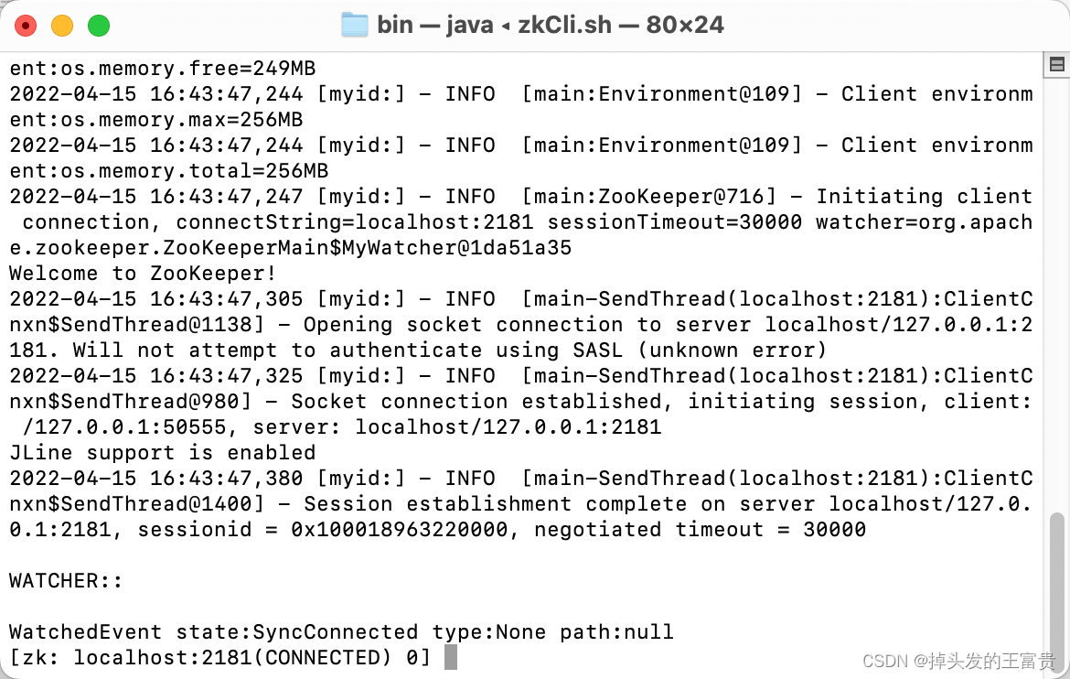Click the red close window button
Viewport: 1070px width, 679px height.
[x=26, y=25]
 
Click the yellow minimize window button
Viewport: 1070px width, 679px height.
[x=62, y=25]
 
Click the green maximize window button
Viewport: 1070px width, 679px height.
[x=98, y=25]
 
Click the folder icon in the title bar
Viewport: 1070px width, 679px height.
[x=354, y=25]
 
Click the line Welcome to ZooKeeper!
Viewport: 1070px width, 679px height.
[x=143, y=274]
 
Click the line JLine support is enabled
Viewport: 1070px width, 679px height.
[x=162, y=453]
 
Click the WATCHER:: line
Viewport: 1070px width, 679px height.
[x=66, y=581]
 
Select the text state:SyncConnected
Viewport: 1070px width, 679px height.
[x=296, y=632]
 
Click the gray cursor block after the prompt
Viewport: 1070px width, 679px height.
[x=450, y=658]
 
